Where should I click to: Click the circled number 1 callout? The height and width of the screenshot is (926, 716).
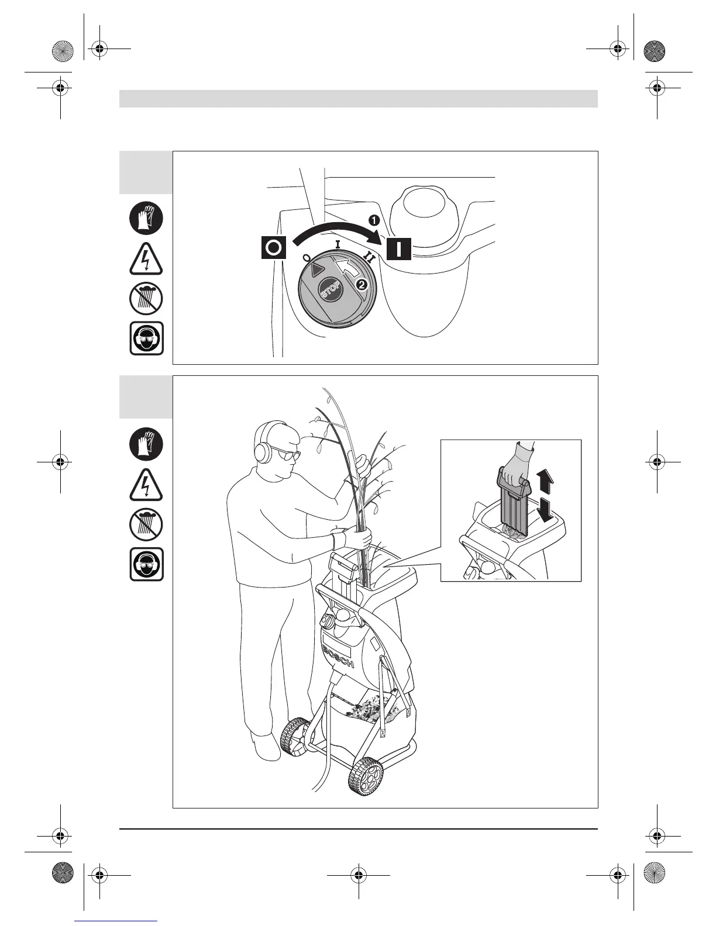pyautogui.click(x=373, y=220)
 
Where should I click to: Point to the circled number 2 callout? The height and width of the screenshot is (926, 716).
pyautogui.click(x=362, y=285)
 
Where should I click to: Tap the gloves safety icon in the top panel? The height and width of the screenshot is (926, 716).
pyautogui.click(x=146, y=219)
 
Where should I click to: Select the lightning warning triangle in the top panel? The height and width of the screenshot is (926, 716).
pyautogui.click(x=146, y=260)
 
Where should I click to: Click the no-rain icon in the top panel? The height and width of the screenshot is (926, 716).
pyautogui.click(x=146, y=298)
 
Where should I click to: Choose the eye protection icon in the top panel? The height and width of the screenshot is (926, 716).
pyautogui.click(x=146, y=338)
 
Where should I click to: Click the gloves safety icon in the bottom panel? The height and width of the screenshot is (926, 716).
pyautogui.click(x=146, y=444)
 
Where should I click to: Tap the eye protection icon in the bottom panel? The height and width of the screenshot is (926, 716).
pyautogui.click(x=146, y=564)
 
